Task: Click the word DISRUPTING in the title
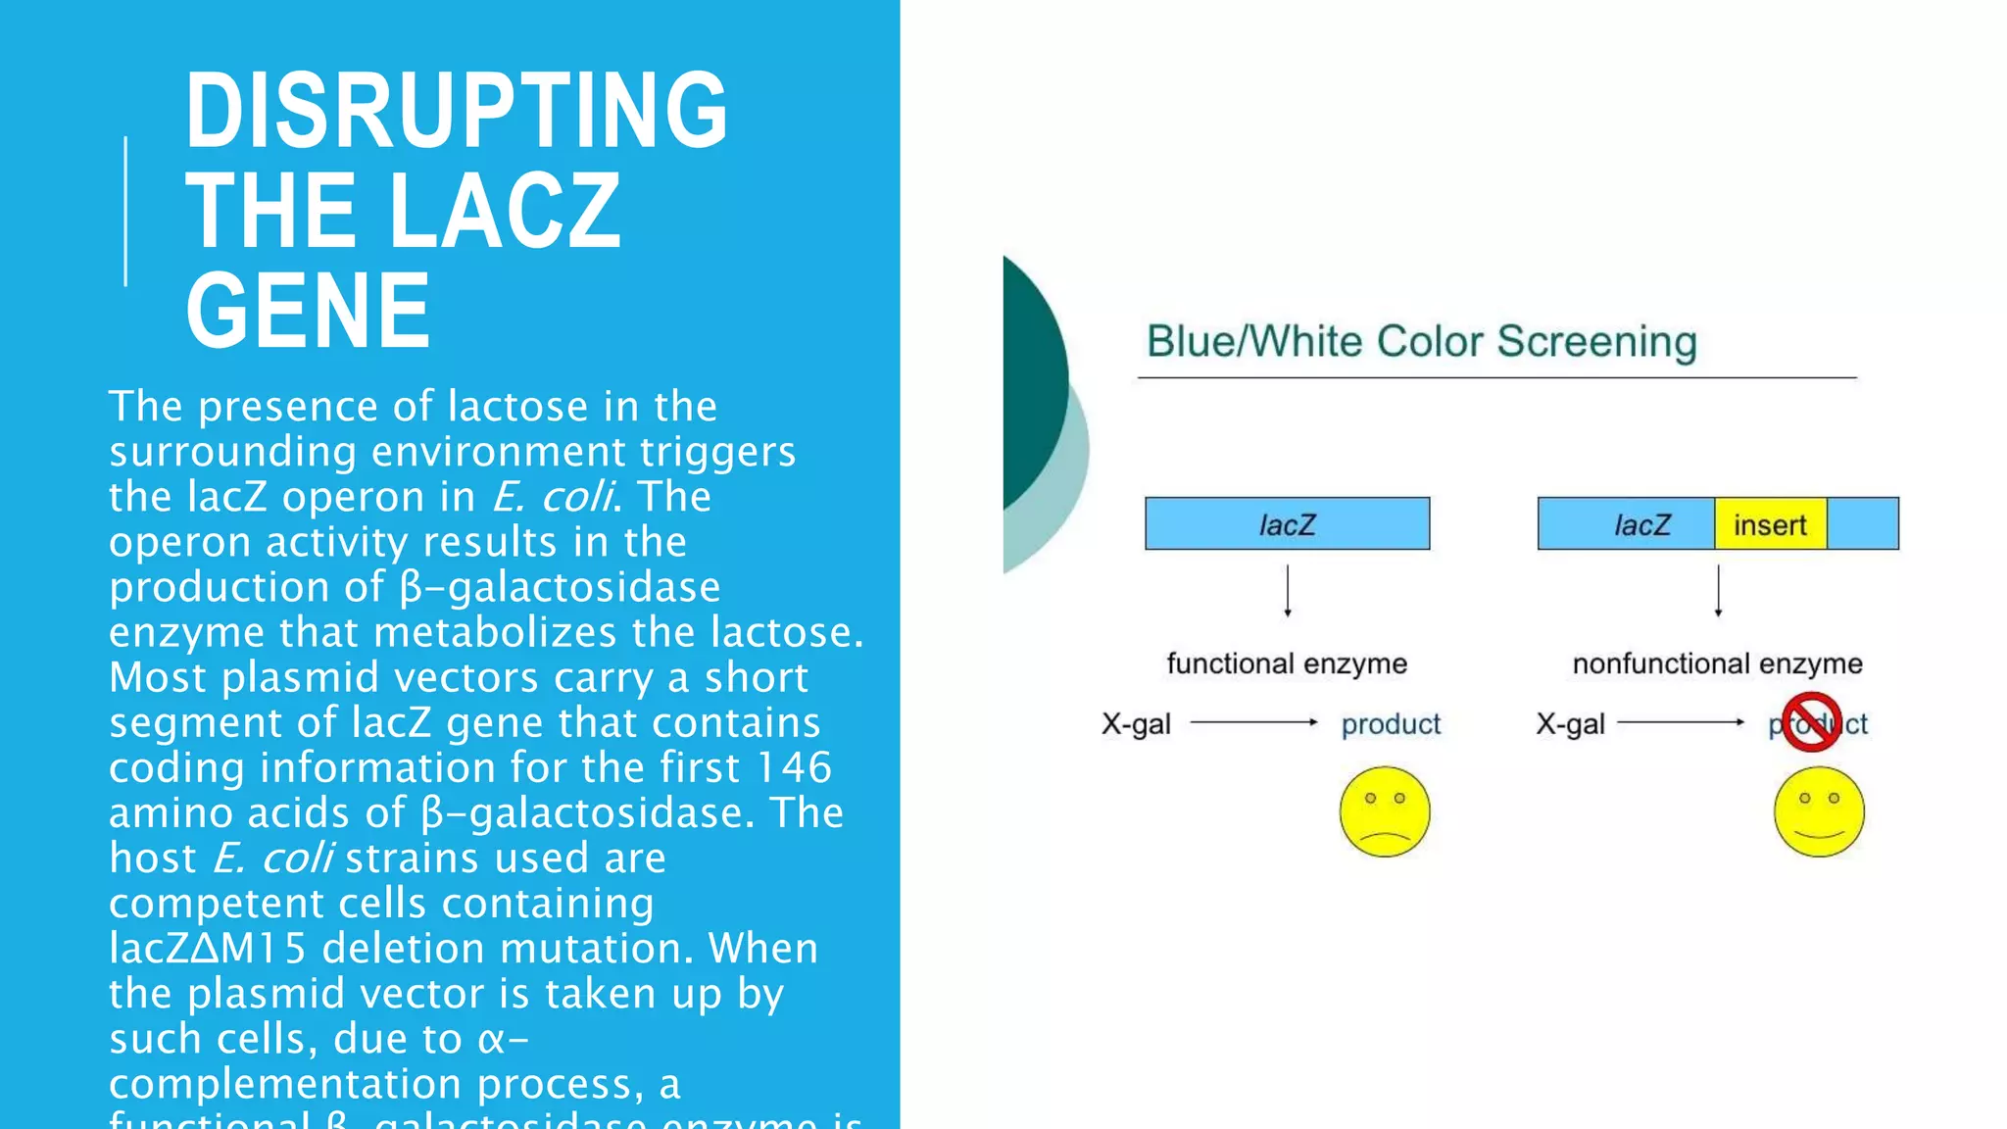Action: pyautogui.click(x=456, y=110)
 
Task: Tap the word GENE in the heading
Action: pyautogui.click(x=308, y=312)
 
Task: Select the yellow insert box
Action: pyautogui.click(x=1769, y=524)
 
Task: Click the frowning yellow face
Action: pyautogui.click(x=1384, y=811)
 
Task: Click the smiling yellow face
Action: pyautogui.click(x=1818, y=811)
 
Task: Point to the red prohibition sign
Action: pyautogui.click(x=1810, y=722)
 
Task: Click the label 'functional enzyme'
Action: pyautogui.click(x=1286, y=663)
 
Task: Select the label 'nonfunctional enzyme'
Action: pyautogui.click(x=1717, y=663)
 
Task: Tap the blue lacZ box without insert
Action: pyautogui.click(x=1286, y=524)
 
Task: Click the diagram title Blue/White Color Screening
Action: pyautogui.click(x=1421, y=341)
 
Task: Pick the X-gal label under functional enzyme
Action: pyautogui.click(x=1136, y=724)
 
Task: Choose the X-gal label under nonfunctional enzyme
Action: pyautogui.click(x=1570, y=724)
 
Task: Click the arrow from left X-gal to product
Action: pyautogui.click(x=1254, y=722)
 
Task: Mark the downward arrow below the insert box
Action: pyautogui.click(x=1718, y=591)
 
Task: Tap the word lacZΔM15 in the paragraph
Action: pyautogui.click(x=208, y=949)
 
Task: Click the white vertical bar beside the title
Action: pyautogui.click(x=125, y=211)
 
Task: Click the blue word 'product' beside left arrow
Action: pyautogui.click(x=1391, y=724)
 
